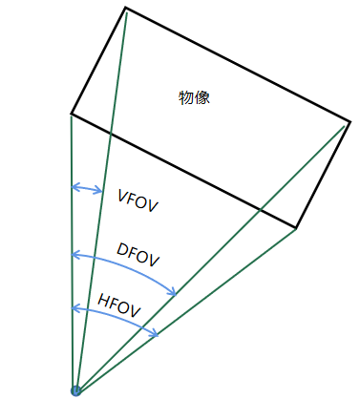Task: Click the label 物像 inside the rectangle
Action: pos(194,97)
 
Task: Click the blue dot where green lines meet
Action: pos(76,389)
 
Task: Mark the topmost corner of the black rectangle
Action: pos(125,8)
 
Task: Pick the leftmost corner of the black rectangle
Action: pos(72,115)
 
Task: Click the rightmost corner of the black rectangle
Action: pos(350,121)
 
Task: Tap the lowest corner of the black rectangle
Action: pos(297,228)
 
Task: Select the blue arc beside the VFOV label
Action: pos(87,188)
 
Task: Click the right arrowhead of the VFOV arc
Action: pos(100,191)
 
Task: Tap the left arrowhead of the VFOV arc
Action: pos(74,188)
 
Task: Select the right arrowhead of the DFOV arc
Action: pos(175,294)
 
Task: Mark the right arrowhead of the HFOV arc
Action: pos(157,334)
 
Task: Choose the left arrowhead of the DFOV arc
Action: pos(74,255)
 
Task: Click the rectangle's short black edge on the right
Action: pos(324,175)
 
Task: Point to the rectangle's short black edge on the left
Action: pos(98,61)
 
